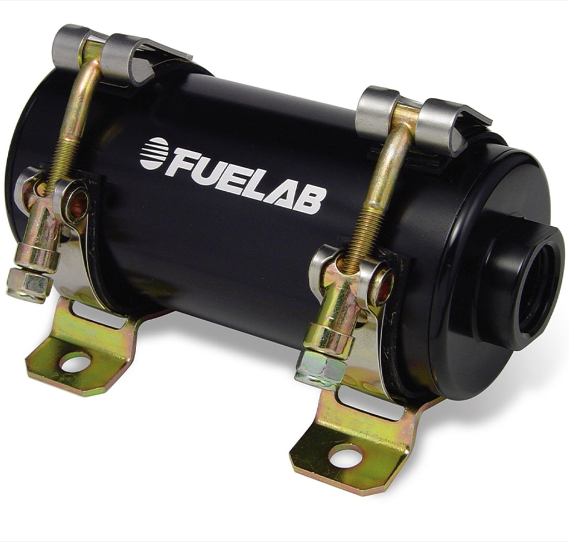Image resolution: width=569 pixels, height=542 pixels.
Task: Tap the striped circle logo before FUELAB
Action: (x=153, y=153)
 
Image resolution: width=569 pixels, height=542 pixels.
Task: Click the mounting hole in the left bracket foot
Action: (x=75, y=364)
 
